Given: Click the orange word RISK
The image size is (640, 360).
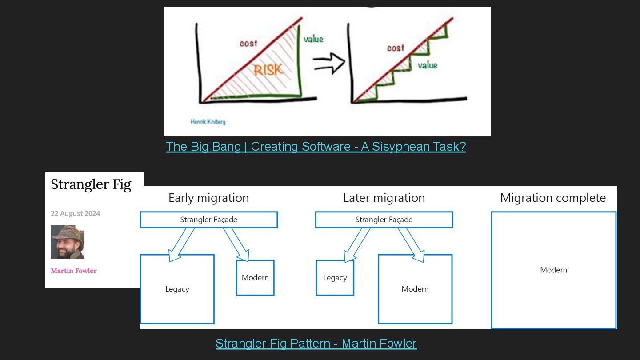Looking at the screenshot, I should coord(268,70).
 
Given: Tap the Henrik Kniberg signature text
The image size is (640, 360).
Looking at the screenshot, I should coord(208,121).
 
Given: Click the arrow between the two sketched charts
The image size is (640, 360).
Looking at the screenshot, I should coord(329,63).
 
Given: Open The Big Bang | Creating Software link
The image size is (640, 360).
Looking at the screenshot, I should coord(316,146).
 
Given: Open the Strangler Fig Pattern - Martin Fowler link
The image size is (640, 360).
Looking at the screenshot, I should coord(316,343).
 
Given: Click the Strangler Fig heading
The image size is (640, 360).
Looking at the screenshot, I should coord(91,184).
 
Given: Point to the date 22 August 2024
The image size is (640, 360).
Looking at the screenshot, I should coord(76,213).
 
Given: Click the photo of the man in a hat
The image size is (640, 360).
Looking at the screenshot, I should coord(68,242).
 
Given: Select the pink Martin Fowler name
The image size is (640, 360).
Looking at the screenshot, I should coord(74,271).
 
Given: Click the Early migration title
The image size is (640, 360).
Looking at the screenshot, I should coord(208,198).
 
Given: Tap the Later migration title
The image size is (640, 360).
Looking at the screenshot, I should coord(384,198).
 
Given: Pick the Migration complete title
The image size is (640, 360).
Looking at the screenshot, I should coord(553,198).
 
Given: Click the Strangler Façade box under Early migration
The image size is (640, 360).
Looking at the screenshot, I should coord(208,220).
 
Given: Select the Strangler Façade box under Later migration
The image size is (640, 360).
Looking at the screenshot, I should coord(384,220).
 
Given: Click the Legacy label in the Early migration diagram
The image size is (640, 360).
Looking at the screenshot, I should coord(177,289).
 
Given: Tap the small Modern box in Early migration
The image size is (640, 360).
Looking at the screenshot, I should coord(255,278).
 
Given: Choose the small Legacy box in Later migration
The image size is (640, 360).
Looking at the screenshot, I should coord(335,278).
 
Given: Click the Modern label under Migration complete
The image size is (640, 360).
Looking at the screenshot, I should coord(554,270).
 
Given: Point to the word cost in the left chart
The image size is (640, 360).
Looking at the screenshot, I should coord(248,43).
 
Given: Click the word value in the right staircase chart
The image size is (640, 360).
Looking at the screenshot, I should coord(427,65).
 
